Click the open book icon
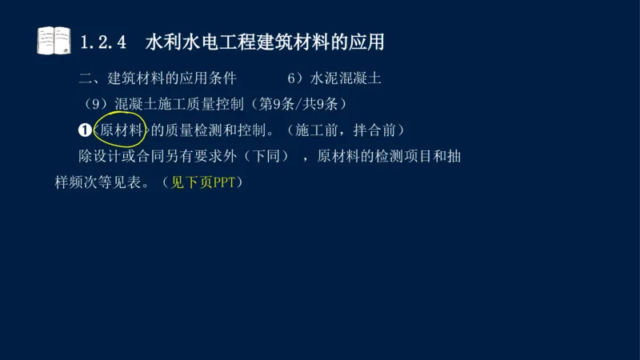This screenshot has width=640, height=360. pyautogui.click(x=54, y=40)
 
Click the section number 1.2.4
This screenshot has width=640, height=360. pyautogui.click(x=105, y=41)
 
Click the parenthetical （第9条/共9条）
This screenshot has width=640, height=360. pyautogui.click(x=299, y=104)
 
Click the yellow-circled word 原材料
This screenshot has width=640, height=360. pyautogui.click(x=121, y=130)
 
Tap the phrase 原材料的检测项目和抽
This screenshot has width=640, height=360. pyautogui.click(x=389, y=156)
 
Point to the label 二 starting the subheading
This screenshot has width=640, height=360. pyautogui.click(x=86, y=79)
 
